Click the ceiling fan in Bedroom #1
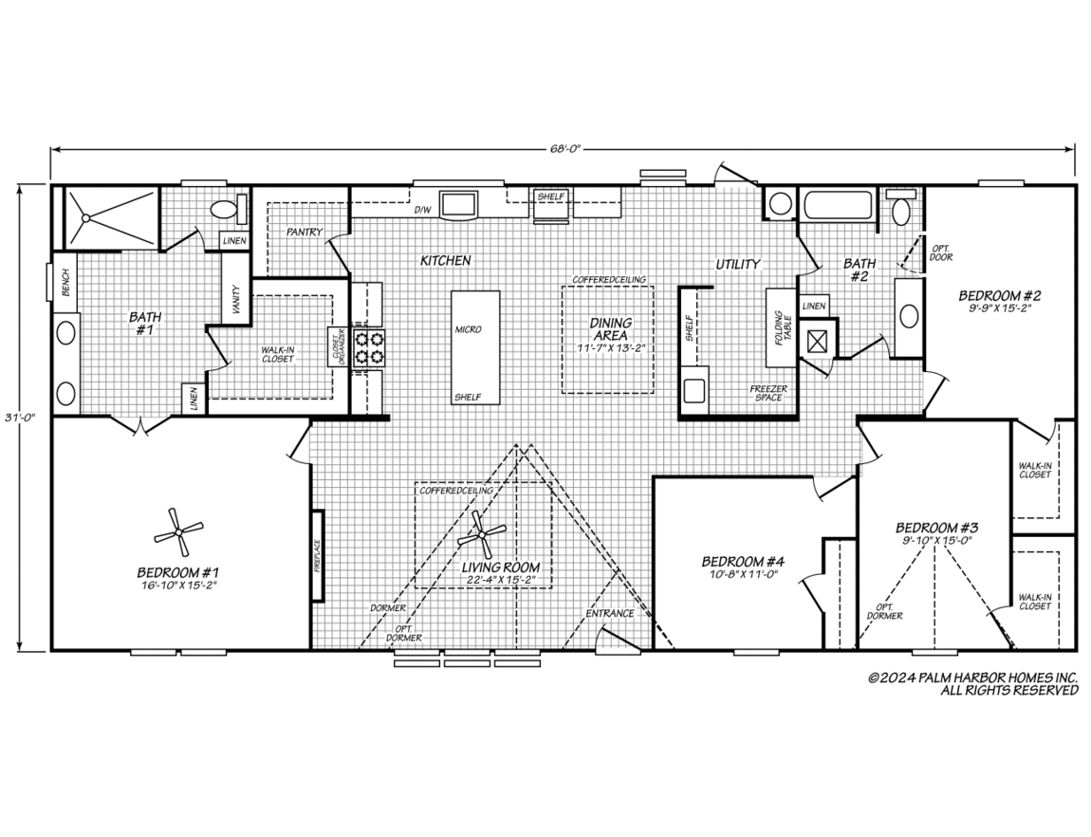coord(178,532)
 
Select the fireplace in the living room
coord(318,556)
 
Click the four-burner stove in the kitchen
coord(369,348)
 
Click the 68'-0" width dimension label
coord(563,148)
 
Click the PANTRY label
coord(305,231)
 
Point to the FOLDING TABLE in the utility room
coord(782,327)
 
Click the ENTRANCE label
coord(609,613)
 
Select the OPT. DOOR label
coord(941,252)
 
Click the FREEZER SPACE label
coord(768,393)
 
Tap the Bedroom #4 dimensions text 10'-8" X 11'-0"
coord(743,574)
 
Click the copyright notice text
coord(972,683)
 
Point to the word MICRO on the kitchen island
coord(468,329)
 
